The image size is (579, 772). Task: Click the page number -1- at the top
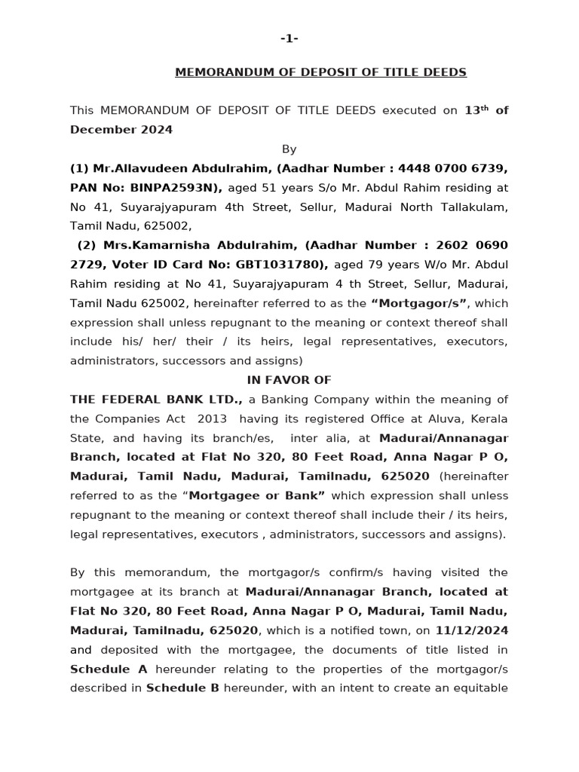(x=289, y=38)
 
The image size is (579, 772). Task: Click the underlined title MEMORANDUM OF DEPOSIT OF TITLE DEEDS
(x=320, y=72)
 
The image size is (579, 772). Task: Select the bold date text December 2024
(x=121, y=130)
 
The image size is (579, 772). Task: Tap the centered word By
(x=289, y=149)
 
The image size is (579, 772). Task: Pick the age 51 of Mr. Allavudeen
(x=269, y=188)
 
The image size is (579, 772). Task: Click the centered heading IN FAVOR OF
(x=289, y=380)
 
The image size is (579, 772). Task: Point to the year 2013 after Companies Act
(x=212, y=418)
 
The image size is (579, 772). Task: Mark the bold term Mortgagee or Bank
(x=256, y=496)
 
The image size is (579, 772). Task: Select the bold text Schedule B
(x=182, y=688)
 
